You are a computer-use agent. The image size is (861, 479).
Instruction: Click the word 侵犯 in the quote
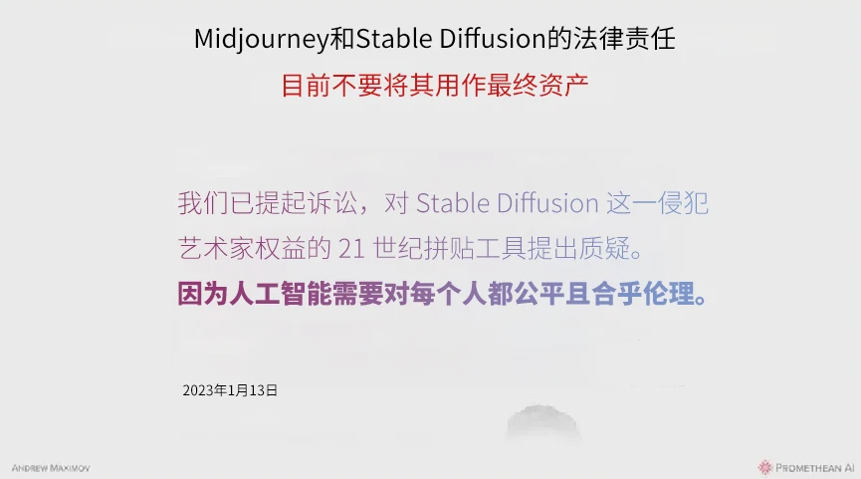(686, 203)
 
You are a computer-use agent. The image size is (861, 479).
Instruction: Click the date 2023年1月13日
(230, 390)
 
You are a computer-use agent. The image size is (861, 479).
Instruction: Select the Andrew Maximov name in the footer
(51, 467)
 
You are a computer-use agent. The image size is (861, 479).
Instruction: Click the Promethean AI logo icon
(764, 466)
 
